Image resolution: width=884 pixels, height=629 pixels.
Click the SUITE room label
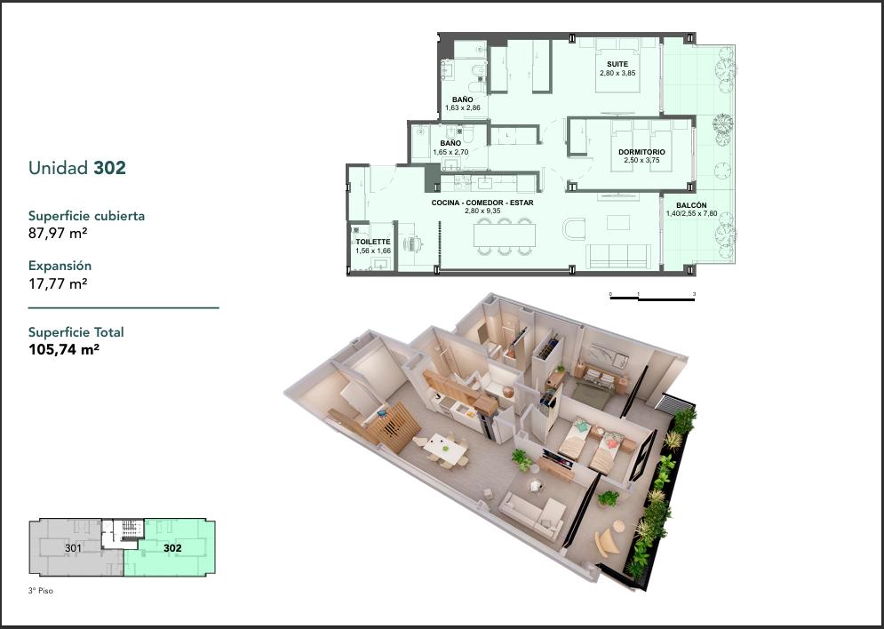617,64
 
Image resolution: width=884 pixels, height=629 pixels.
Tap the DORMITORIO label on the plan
641,152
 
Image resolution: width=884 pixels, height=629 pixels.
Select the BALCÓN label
691,206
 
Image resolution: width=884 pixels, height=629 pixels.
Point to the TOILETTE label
372,243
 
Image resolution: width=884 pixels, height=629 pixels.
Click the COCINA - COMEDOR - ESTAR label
482,203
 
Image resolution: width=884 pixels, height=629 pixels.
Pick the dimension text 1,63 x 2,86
462,107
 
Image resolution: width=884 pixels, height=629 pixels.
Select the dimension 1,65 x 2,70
450,152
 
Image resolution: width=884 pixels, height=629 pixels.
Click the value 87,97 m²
58,233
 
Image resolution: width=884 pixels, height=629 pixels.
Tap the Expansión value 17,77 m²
58,283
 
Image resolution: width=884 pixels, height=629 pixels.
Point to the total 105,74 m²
64,349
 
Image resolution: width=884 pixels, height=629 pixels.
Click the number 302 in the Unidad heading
109,168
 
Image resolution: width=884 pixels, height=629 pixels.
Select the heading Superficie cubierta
86,216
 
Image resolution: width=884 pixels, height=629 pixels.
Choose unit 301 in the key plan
73,548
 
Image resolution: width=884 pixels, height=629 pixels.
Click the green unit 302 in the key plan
172,548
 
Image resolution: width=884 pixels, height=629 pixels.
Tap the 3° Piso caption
41,591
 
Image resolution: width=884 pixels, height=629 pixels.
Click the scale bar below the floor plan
652,298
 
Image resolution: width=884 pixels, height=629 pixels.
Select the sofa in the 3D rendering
532,514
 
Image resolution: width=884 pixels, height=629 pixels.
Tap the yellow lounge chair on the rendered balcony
608,538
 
